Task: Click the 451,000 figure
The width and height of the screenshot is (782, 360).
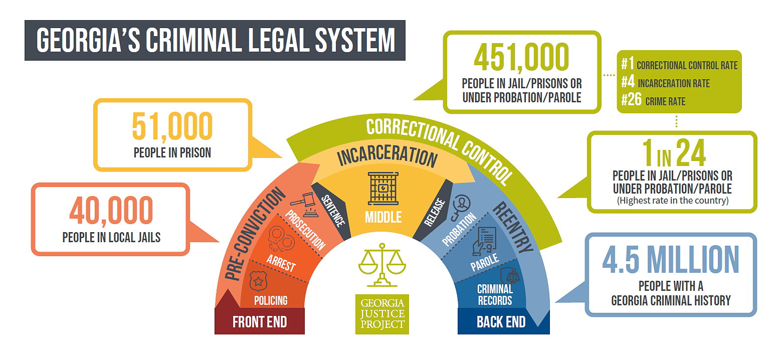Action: [x=521, y=57]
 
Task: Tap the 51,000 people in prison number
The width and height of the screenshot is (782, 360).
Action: [x=172, y=126]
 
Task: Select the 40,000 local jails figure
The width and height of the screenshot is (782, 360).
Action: [x=111, y=210]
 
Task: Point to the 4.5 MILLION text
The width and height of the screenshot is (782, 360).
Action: [x=671, y=259]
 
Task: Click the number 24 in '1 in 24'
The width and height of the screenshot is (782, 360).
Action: [x=691, y=152]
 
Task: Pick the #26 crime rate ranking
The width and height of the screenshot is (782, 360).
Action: [x=631, y=99]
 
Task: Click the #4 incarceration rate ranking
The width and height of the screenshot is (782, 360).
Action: [x=628, y=82]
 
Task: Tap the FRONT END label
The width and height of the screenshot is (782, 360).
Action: [x=260, y=322]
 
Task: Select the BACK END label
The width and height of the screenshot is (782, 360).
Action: [x=501, y=322]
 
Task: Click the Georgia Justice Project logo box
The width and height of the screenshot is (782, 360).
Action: [x=382, y=314]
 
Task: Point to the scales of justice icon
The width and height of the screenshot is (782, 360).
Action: [x=382, y=265]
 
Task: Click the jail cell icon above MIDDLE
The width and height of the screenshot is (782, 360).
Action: [x=383, y=188]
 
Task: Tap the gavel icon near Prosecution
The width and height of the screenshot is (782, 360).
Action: [x=305, y=205]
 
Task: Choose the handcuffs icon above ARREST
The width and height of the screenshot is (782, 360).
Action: [x=281, y=239]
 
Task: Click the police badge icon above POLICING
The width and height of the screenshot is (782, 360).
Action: [x=258, y=281]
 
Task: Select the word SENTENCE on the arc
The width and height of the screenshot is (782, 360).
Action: [x=333, y=211]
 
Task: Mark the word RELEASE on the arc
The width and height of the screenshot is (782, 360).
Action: [x=435, y=212]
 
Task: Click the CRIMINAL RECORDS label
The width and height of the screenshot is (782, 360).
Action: [x=495, y=295]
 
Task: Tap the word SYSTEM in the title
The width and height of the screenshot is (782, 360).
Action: [x=355, y=40]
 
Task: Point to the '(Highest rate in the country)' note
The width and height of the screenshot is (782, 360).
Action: [x=672, y=201]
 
